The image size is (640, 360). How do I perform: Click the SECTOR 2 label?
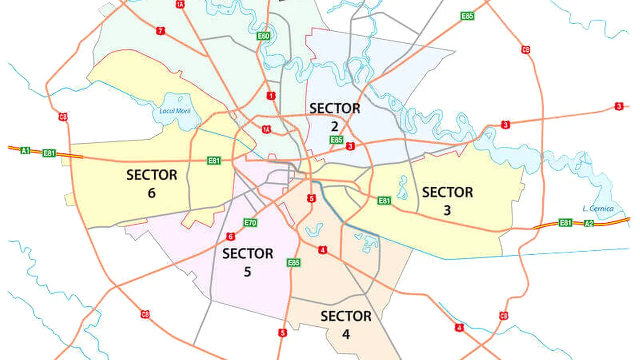click(334, 116)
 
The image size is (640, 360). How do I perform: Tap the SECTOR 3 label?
click(447, 201)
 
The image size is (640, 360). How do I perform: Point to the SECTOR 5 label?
click(248, 262)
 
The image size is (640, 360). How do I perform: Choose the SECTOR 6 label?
click(152, 183)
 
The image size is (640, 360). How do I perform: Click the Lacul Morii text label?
click(175, 110)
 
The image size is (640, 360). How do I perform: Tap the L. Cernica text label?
click(598, 209)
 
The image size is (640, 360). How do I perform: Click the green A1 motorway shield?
click(25, 150)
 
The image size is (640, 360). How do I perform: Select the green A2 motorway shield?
click(589, 223)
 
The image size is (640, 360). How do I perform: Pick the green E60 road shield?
click(263, 36)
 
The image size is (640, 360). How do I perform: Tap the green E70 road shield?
click(250, 223)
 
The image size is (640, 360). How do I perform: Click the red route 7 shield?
click(160, 31)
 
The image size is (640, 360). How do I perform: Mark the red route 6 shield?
click(230, 236)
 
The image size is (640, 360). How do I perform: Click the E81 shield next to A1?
click(49, 153)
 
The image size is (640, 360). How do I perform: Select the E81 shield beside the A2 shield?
click(565, 223)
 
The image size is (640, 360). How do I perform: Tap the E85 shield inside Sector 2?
click(336, 140)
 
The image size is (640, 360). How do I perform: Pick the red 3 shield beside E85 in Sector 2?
click(350, 146)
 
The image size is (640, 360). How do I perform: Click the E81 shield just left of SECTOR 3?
click(384, 201)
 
